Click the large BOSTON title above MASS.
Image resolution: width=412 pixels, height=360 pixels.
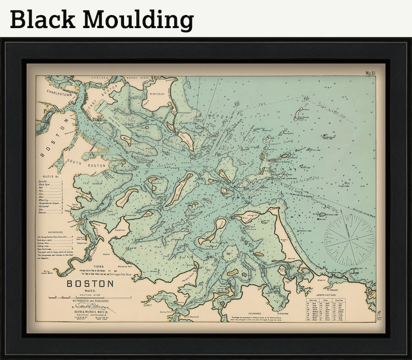coord(90,284)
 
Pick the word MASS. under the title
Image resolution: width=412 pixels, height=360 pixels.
coord(89,291)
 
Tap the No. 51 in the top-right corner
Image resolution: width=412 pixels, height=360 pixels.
coord(370,73)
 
